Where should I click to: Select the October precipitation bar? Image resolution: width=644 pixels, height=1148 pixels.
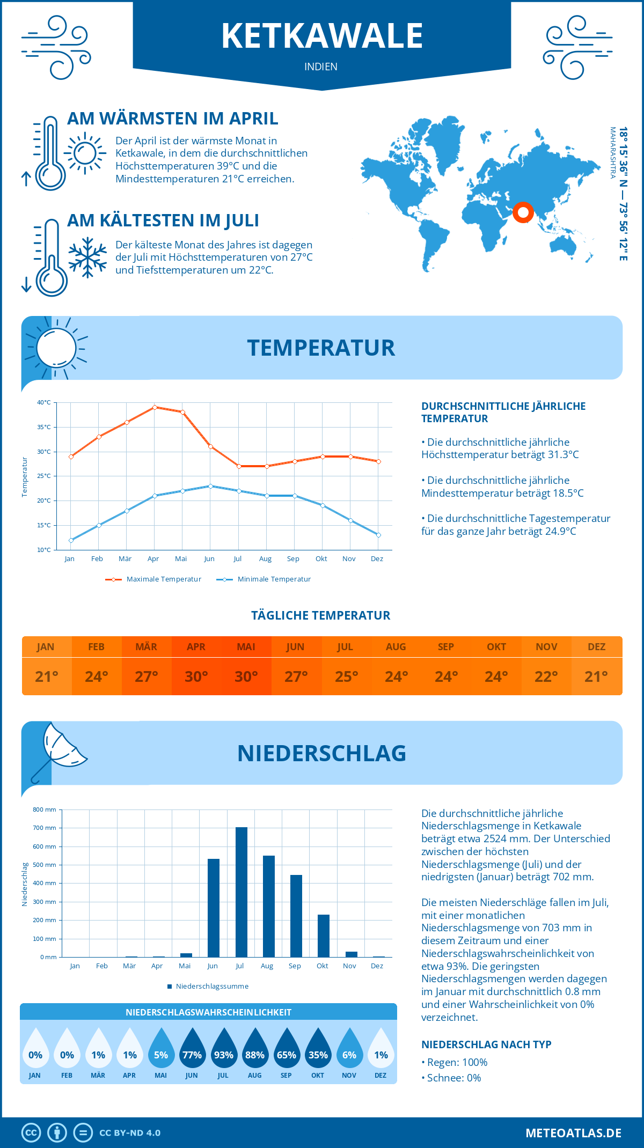point(324,936)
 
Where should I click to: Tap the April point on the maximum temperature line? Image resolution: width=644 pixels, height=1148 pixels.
point(155,407)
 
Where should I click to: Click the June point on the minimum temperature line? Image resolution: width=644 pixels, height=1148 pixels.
point(210,486)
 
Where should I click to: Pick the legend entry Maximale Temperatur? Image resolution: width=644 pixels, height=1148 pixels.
point(153,579)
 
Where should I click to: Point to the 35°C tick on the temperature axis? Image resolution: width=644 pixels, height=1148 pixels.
point(44,427)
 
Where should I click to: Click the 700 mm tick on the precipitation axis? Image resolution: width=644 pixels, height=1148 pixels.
point(45,828)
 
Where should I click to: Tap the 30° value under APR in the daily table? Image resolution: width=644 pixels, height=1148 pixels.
point(196,676)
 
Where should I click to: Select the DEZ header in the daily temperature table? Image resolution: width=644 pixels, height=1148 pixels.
point(597,646)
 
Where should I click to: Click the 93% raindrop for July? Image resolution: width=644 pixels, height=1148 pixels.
point(224,1055)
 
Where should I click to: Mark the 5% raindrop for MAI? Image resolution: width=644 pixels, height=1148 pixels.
point(161,1055)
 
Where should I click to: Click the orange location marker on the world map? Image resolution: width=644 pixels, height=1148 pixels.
point(523,212)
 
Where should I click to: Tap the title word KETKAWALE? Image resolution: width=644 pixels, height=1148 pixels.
point(322,36)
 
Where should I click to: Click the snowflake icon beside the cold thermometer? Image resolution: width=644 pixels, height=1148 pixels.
point(87,257)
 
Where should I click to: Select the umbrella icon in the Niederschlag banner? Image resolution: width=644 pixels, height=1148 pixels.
point(60,751)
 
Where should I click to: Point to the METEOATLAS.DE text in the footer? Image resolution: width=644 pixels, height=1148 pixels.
point(573,1133)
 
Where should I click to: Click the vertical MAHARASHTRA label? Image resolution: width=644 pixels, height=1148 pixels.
point(612,153)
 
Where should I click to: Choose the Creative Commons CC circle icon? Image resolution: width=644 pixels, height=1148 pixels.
point(31,1132)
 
